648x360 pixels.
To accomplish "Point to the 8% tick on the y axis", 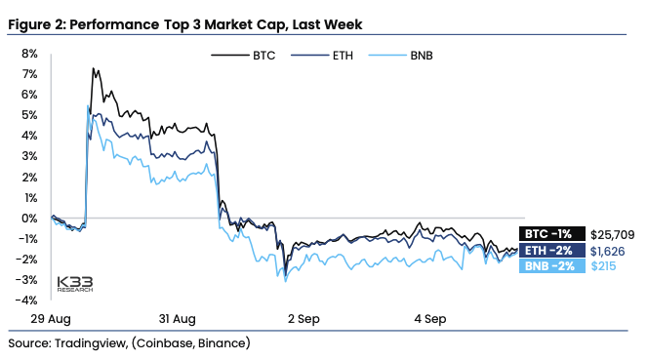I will click(x=29, y=54).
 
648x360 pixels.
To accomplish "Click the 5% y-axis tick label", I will click(x=29, y=115).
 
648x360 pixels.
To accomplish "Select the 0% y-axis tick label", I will click(x=29, y=219).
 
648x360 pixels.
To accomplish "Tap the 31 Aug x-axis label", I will click(x=177, y=319).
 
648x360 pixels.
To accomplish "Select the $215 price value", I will click(x=603, y=266).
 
